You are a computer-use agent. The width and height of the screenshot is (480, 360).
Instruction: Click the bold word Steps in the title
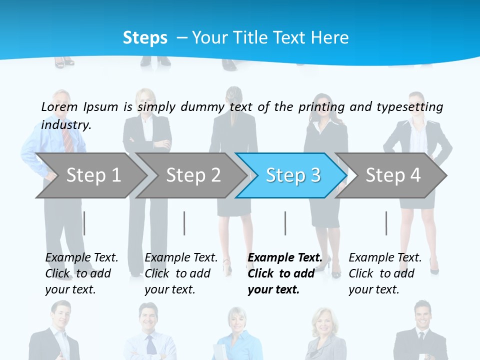click(x=145, y=37)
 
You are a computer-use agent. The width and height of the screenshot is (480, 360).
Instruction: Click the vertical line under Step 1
click(x=84, y=223)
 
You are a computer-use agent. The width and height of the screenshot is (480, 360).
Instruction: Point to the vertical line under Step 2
click(x=184, y=223)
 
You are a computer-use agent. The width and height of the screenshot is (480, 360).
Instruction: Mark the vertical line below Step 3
click(x=285, y=223)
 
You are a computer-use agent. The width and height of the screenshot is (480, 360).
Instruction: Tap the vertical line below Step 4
click(x=386, y=223)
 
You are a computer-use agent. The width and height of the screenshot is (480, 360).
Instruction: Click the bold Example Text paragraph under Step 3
click(x=285, y=273)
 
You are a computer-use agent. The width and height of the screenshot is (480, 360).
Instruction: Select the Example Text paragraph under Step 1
click(x=81, y=273)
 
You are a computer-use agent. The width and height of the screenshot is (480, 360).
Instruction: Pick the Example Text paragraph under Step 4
click(x=385, y=273)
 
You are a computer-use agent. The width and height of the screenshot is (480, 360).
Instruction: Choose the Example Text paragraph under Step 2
click(x=181, y=273)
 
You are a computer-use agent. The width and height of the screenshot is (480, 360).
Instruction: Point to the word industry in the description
click(x=66, y=124)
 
